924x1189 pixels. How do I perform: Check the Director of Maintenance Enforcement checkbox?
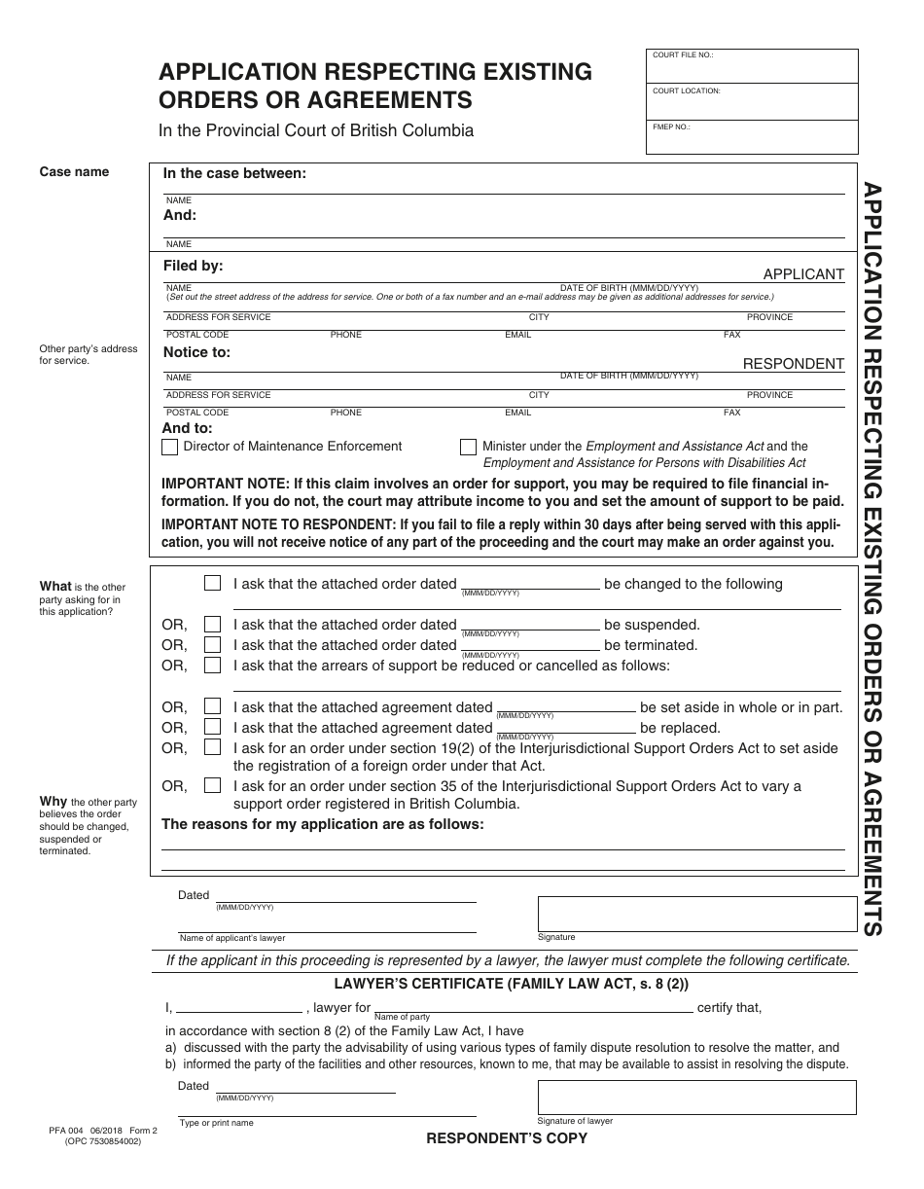(x=169, y=448)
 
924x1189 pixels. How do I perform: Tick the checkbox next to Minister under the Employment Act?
(x=468, y=448)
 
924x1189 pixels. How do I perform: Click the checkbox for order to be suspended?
(x=212, y=625)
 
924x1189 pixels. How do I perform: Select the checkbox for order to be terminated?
(x=212, y=645)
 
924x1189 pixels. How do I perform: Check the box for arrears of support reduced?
(x=212, y=666)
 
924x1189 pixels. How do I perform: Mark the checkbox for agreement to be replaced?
(x=212, y=727)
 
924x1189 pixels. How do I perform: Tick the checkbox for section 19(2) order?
(x=212, y=747)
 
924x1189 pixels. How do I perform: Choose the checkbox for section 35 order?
(x=212, y=785)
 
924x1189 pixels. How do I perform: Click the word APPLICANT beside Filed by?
(x=803, y=274)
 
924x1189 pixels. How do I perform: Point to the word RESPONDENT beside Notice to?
(x=794, y=364)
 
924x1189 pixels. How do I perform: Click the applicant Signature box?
(x=696, y=914)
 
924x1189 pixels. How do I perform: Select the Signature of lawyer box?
(x=696, y=1098)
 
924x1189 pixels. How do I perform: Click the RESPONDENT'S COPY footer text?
(x=507, y=1138)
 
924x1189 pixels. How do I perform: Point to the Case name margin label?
(x=74, y=172)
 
